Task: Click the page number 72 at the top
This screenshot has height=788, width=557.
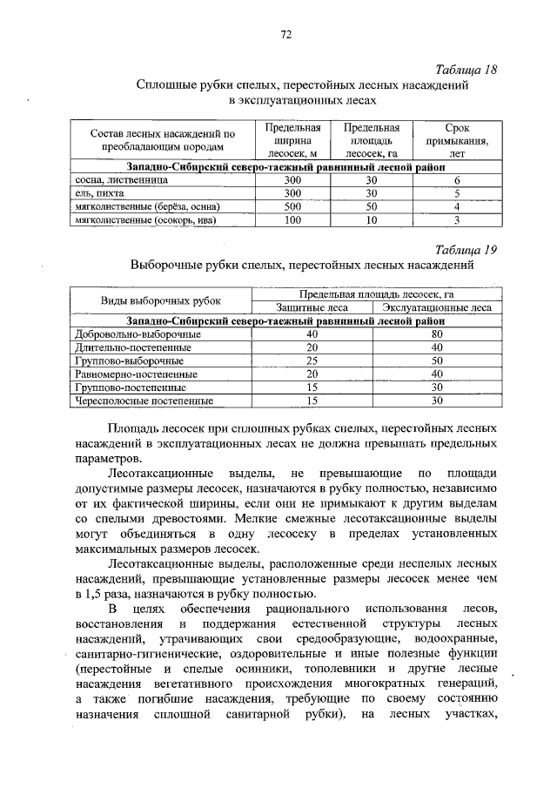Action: [285, 35]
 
